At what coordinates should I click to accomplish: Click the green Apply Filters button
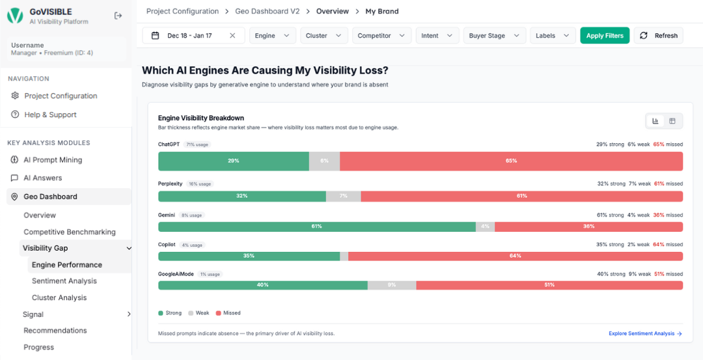[x=605, y=36]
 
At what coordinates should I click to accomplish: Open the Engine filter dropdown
[x=272, y=36]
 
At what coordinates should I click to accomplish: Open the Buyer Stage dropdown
[x=494, y=36]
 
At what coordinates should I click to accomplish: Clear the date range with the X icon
[x=232, y=36]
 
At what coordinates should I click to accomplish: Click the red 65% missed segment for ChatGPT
[x=511, y=161]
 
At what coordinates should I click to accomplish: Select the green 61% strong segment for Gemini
[x=316, y=227]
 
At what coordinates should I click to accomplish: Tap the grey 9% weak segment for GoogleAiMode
[x=391, y=285]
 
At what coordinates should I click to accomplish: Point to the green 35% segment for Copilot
[x=249, y=256]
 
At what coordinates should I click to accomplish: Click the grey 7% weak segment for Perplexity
[x=343, y=196]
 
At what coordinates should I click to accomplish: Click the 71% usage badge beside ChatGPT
[x=197, y=145]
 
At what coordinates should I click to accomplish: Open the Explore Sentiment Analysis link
[x=645, y=333]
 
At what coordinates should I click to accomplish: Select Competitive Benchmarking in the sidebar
[x=69, y=232]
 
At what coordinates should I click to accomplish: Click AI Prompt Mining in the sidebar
[x=53, y=159]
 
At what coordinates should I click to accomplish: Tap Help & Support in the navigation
[x=50, y=115]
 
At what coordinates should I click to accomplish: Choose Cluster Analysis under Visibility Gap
[x=59, y=298]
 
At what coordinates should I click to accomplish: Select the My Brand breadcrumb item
[x=382, y=11]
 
